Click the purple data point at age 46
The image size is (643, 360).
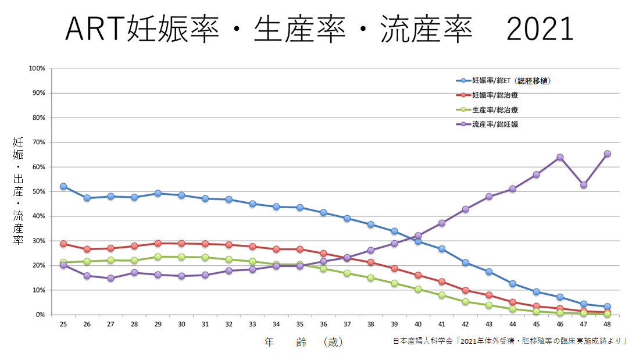[x=560, y=157]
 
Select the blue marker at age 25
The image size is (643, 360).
[x=63, y=186]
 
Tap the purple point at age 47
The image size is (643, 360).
[x=584, y=185]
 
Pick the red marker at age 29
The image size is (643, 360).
[x=158, y=243]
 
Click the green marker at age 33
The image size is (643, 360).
[x=252, y=262]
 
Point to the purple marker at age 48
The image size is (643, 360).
[x=607, y=154]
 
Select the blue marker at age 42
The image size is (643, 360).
[x=465, y=262]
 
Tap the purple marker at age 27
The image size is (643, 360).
[x=110, y=278]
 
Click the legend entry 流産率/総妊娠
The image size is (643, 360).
[x=495, y=124]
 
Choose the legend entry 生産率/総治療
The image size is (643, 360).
[x=495, y=109]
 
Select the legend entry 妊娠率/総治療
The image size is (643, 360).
[x=495, y=95]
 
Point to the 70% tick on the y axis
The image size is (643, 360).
[x=37, y=142]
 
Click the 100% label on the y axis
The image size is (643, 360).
[x=36, y=69]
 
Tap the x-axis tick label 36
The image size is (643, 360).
[x=323, y=325]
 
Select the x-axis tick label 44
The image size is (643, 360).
[x=512, y=325]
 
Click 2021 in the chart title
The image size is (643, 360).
[x=540, y=29]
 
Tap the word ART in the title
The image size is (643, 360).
[x=95, y=29]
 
